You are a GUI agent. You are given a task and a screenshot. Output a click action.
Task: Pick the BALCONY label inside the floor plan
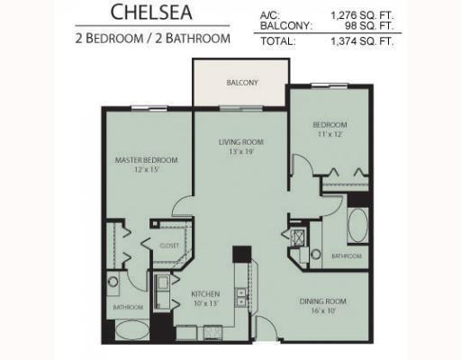(240, 83)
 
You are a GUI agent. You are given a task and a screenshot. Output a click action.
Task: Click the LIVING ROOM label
(240, 141)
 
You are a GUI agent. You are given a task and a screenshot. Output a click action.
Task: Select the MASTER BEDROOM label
(146, 160)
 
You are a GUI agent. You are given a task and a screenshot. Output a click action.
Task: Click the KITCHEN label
(206, 294)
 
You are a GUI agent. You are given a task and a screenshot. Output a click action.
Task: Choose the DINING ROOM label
(323, 301)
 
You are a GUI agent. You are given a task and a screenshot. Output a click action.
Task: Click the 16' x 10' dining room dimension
(323, 311)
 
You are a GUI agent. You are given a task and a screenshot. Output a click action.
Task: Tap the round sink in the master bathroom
(113, 282)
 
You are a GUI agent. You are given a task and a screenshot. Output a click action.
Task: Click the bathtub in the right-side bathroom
(357, 225)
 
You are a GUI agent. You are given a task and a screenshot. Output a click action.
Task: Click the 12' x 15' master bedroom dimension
(146, 170)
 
